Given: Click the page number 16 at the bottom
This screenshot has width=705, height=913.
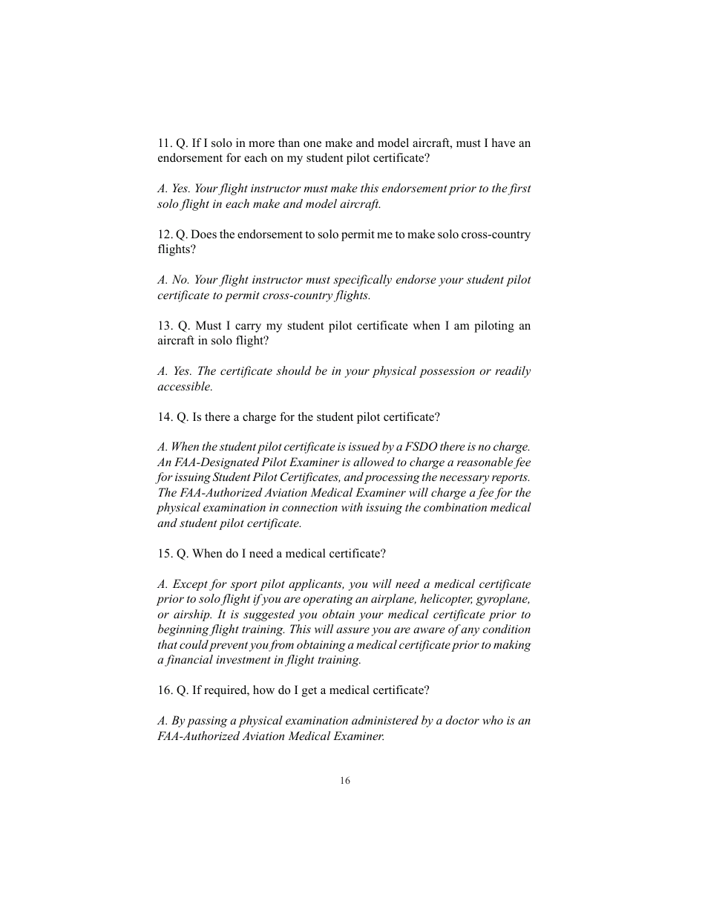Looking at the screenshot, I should click(x=345, y=780).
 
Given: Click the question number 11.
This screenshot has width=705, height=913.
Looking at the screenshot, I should click(x=164, y=143).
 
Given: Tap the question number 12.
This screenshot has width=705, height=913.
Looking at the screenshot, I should click(x=164, y=235).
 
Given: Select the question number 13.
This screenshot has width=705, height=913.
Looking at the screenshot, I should click(x=164, y=326).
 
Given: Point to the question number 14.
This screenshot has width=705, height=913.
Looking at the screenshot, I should click(x=164, y=417).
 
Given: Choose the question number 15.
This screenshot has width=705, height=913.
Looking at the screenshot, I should click(x=164, y=554).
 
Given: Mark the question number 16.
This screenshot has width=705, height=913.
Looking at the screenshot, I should click(x=164, y=690).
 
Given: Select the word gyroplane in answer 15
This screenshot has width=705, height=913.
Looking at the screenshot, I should click(x=504, y=600).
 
